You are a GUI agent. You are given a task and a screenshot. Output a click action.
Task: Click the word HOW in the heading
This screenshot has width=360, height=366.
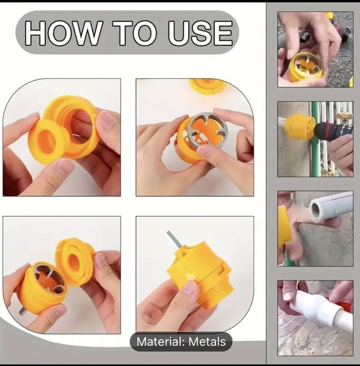(63, 33)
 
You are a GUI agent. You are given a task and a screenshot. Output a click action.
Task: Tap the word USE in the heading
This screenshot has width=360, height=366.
(200, 33)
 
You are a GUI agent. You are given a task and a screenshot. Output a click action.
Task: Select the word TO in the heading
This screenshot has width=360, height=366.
(135, 33)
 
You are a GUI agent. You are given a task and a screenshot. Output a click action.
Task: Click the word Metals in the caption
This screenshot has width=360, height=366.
(207, 342)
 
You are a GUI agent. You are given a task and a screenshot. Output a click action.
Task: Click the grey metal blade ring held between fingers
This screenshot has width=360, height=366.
(205, 131)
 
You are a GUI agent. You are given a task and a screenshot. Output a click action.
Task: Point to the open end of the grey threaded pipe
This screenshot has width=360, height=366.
(315, 209)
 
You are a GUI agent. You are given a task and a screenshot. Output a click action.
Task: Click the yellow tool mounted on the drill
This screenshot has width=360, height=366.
(299, 127)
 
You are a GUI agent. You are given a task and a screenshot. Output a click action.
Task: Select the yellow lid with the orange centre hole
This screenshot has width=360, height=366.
(75, 261)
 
